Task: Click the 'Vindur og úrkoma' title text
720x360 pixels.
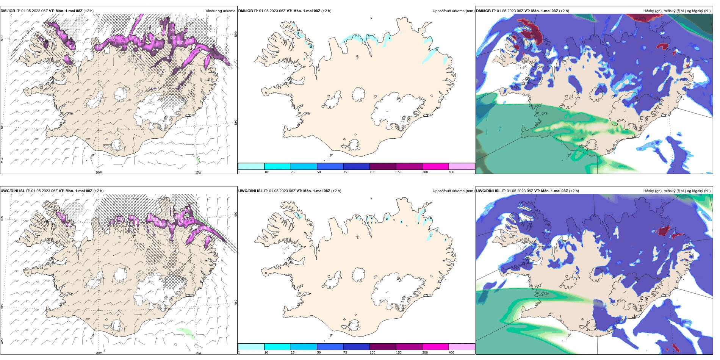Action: (220, 11)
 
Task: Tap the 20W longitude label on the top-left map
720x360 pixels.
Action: (99, 172)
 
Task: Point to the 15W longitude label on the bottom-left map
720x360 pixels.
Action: (198, 352)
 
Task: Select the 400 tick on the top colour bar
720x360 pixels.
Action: (451, 172)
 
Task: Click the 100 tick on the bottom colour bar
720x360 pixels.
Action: (373, 352)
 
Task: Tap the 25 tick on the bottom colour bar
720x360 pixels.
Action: (293, 352)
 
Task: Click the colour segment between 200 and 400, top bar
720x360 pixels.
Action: (435, 166)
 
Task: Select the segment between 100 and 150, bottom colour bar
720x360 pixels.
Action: (383, 347)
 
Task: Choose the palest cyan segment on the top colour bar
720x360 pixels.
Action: (251, 166)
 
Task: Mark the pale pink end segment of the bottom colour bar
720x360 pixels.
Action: (462, 347)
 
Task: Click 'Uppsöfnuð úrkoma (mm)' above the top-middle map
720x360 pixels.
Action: (453, 11)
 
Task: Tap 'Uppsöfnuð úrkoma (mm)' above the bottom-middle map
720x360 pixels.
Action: (453, 191)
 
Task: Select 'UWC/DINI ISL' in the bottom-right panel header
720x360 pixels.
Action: (488, 191)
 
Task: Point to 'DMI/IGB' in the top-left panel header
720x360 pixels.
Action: (8, 11)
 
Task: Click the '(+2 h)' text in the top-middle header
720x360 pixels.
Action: (326, 11)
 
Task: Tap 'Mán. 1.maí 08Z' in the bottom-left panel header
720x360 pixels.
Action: (79, 191)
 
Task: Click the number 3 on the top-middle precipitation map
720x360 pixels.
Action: (369, 36)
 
